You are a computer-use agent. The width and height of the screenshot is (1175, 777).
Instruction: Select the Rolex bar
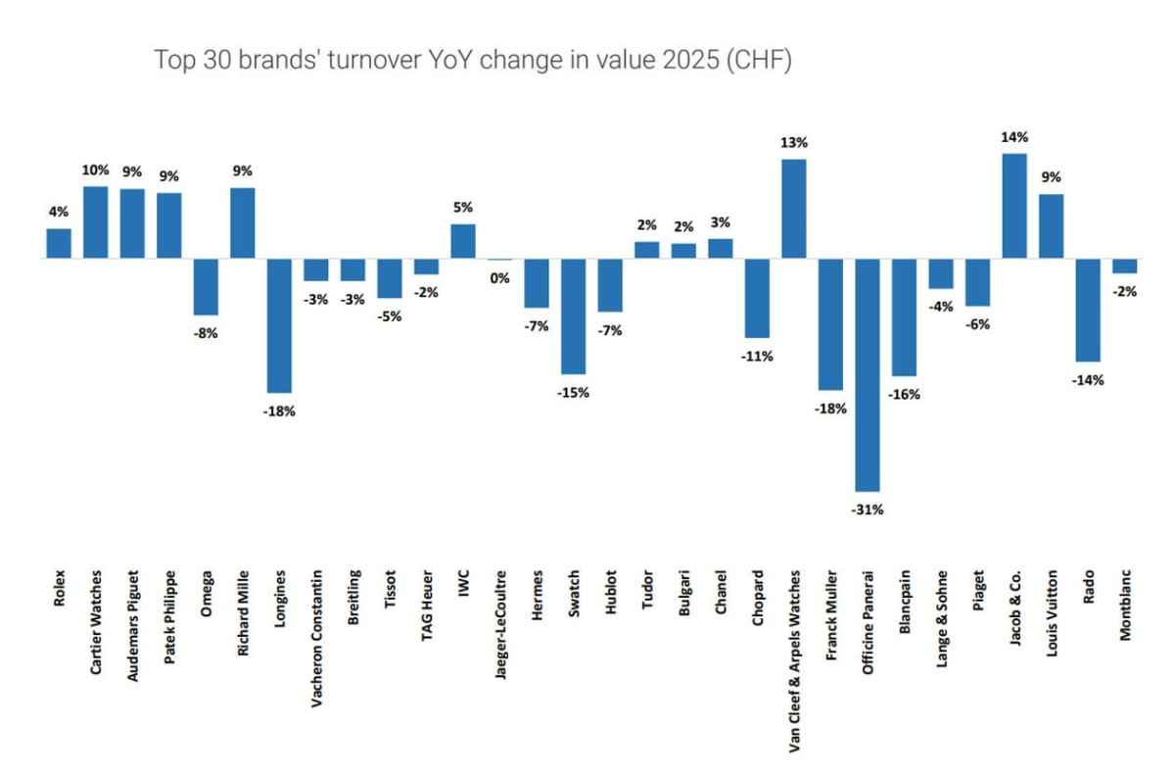pyautogui.click(x=59, y=244)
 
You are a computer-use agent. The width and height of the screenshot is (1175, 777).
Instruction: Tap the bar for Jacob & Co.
pyautogui.click(x=1014, y=206)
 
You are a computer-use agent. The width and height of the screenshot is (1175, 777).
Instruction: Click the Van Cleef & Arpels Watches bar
pyautogui.click(x=794, y=209)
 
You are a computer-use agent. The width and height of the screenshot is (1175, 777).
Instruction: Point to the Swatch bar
pyautogui.click(x=573, y=316)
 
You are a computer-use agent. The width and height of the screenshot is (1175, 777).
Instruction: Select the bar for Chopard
pyautogui.click(x=757, y=298)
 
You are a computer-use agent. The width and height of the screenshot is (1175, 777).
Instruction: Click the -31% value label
pyautogui.click(x=868, y=509)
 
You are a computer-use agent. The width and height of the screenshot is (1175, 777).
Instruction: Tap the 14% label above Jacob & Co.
pyautogui.click(x=1014, y=137)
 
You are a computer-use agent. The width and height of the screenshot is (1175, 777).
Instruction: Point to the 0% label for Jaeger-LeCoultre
pyautogui.click(x=499, y=277)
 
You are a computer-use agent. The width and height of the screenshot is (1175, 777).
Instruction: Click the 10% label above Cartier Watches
pyautogui.click(x=96, y=170)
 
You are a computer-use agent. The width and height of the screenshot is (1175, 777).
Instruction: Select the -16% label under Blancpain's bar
pyautogui.click(x=904, y=394)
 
